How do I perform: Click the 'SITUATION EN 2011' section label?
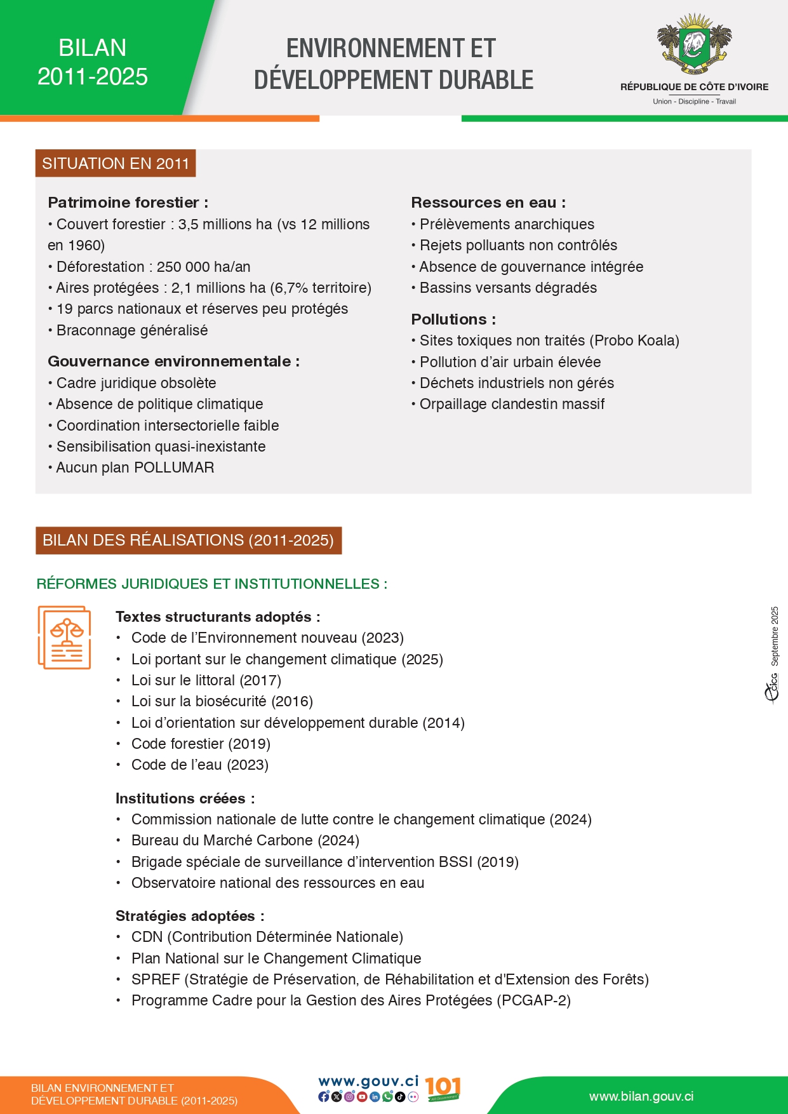pyautogui.click(x=116, y=164)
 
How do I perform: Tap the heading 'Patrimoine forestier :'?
pyautogui.click(x=128, y=203)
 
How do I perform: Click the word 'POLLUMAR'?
pyautogui.click(x=174, y=467)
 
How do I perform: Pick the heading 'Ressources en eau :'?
pyautogui.click(x=488, y=203)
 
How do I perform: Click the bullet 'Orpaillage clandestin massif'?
pyautogui.click(x=512, y=404)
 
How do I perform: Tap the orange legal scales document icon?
pyautogui.click(x=64, y=637)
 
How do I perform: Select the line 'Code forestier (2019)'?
pyautogui.click(x=201, y=744)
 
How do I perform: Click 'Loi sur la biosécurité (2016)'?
pyautogui.click(x=222, y=701)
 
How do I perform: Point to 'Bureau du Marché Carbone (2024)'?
pyautogui.click(x=245, y=840)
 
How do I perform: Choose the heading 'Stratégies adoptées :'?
pyautogui.click(x=190, y=916)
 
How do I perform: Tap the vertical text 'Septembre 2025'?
pyautogui.click(x=775, y=636)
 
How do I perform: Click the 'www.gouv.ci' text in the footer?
pyautogui.click(x=368, y=1081)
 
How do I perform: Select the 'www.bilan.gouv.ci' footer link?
pyautogui.click(x=641, y=1096)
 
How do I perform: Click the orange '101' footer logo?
pyautogui.click(x=443, y=1088)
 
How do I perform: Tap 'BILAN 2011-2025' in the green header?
pyautogui.click(x=93, y=62)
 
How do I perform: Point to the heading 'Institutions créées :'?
pyautogui.click(x=185, y=798)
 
